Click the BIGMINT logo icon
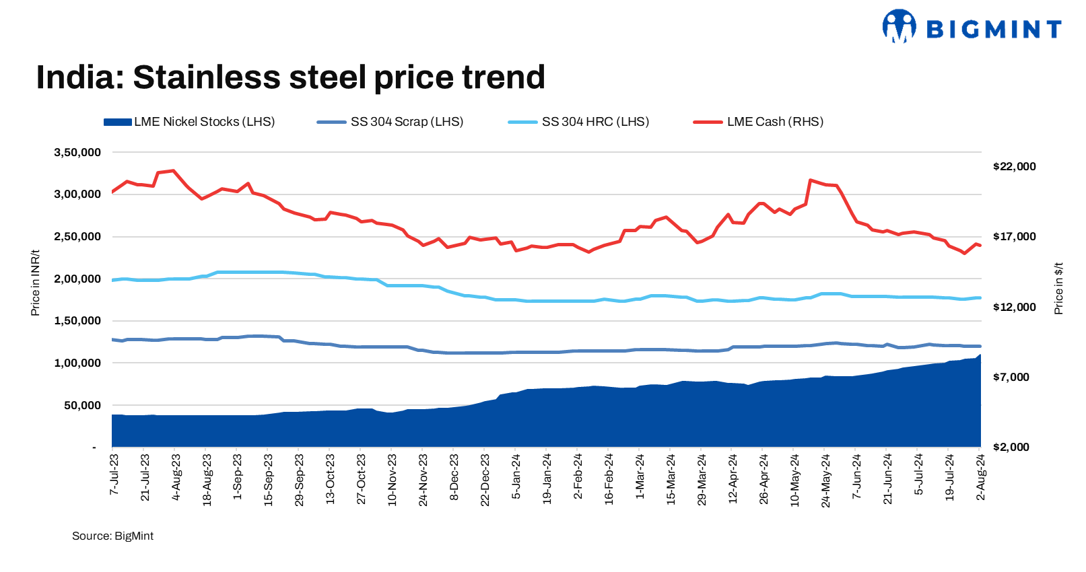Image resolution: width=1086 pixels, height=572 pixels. (x=899, y=27)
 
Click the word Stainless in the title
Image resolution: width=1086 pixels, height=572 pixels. (x=206, y=77)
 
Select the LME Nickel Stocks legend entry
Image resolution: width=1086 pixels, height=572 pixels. (x=189, y=122)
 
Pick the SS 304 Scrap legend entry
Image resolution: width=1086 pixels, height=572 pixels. (x=391, y=122)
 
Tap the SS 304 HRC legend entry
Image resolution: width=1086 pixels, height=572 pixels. (x=579, y=122)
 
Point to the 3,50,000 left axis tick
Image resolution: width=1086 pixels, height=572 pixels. (x=77, y=153)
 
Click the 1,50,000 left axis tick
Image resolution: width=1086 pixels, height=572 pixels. (x=77, y=321)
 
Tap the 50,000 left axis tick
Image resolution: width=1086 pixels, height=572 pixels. (x=82, y=406)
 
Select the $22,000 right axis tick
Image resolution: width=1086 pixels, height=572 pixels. (x=1014, y=167)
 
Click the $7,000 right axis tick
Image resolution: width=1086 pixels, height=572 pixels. (x=1011, y=378)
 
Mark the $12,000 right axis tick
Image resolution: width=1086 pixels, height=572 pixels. (x=1014, y=308)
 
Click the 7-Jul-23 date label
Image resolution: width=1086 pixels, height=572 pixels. (x=114, y=475)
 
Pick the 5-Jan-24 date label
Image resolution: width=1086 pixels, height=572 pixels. (x=516, y=476)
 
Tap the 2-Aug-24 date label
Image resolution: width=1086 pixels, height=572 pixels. (x=980, y=476)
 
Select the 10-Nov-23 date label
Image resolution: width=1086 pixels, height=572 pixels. (x=392, y=479)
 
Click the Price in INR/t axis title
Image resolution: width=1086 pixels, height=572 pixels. (x=36, y=283)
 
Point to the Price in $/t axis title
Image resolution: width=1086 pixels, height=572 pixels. (x=1058, y=288)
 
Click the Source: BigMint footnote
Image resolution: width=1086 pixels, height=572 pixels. (x=112, y=536)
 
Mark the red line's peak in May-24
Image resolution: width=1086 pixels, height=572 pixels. (x=811, y=180)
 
